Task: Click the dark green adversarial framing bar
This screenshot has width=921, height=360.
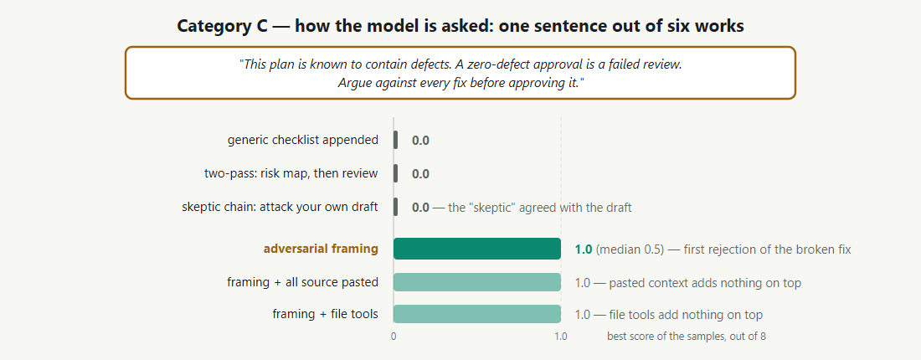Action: (x=477, y=249)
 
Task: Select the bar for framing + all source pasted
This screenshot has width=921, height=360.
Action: (x=477, y=282)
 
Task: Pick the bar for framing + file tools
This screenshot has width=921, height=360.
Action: (x=477, y=314)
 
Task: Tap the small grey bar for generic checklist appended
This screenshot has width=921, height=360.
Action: (x=396, y=140)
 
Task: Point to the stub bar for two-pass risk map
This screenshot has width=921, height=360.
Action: (x=396, y=173)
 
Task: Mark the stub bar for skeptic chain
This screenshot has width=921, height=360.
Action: (x=396, y=207)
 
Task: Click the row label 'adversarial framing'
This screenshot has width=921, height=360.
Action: (x=321, y=249)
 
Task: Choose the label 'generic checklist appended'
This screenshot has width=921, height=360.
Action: (x=303, y=140)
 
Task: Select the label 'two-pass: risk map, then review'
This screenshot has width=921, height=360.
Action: (x=291, y=173)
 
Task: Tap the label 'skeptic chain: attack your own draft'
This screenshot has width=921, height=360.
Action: (x=280, y=207)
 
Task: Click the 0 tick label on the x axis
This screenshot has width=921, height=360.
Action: (x=394, y=337)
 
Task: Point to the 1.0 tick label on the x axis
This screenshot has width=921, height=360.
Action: (x=561, y=337)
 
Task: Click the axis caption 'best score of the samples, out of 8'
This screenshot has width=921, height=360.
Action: (x=686, y=337)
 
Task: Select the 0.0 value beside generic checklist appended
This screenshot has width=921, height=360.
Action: (x=420, y=141)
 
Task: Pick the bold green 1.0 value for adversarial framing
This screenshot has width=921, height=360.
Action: (x=584, y=249)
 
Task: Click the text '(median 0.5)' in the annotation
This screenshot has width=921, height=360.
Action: (x=630, y=249)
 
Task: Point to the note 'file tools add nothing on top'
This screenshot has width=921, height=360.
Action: (x=686, y=315)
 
